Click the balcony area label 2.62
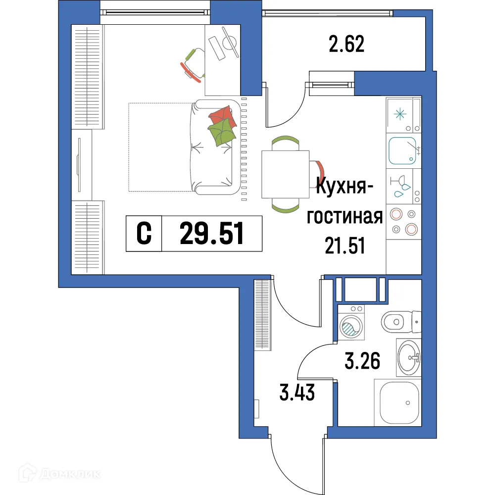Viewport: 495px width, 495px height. (346, 45)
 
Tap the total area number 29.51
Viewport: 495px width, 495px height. (212, 234)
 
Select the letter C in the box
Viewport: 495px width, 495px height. (144, 234)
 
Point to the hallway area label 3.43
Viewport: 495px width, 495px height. (296, 395)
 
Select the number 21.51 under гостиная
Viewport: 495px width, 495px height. (345, 245)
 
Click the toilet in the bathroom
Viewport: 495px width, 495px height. (399, 322)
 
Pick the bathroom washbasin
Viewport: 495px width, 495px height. (409, 357)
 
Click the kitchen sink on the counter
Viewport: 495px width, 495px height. (402, 151)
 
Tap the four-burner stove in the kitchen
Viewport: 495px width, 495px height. (403, 222)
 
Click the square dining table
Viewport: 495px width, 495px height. (285, 174)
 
